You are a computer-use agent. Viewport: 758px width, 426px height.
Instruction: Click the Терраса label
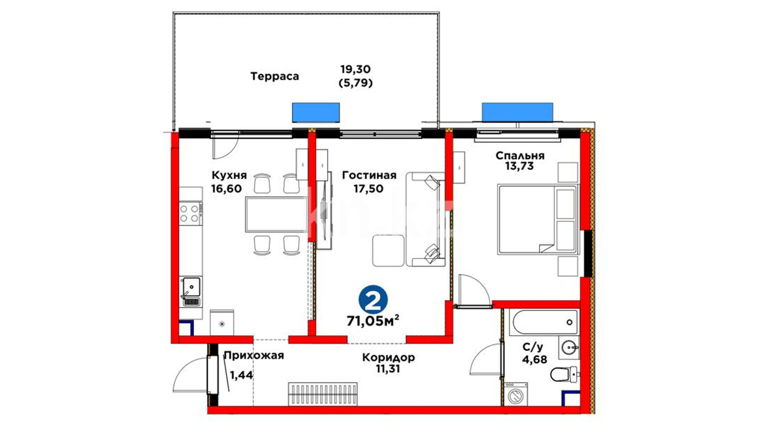(x=274, y=76)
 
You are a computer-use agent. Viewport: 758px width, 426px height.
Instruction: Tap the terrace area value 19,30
(x=356, y=69)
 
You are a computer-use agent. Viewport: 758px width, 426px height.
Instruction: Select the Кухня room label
(x=229, y=175)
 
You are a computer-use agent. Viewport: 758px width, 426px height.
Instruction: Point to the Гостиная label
(x=369, y=175)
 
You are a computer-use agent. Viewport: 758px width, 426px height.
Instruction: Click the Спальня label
(x=520, y=155)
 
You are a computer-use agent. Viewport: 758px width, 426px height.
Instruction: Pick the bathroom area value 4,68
(x=535, y=359)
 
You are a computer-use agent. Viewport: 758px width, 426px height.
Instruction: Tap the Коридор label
(x=388, y=358)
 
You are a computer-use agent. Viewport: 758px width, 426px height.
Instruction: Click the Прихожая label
(x=254, y=355)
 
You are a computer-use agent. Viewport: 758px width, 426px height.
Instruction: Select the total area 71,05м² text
(x=373, y=321)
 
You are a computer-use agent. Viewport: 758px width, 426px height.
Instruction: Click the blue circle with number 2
(x=373, y=300)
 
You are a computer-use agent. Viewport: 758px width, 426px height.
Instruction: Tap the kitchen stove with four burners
(x=191, y=213)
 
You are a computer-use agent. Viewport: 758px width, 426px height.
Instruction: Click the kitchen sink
(x=191, y=291)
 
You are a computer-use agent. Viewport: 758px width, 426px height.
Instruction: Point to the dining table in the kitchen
(x=276, y=214)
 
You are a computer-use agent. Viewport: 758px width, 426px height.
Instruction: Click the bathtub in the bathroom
(x=543, y=322)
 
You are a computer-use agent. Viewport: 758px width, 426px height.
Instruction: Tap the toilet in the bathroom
(x=564, y=374)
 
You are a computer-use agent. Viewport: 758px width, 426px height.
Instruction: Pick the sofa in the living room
(x=425, y=219)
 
